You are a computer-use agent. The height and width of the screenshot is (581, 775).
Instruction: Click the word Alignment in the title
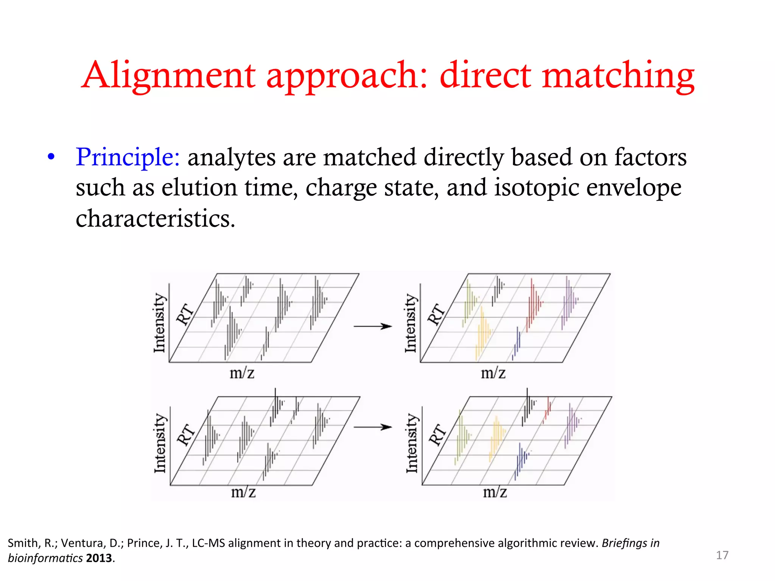tap(168, 76)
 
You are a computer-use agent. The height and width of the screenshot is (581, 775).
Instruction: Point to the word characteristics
tap(155, 219)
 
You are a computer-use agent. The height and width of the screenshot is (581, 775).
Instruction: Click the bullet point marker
tap(51, 157)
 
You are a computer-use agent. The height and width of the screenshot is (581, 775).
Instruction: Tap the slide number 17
tap(722, 555)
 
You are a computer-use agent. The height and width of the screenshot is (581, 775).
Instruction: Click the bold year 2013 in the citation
tap(99, 558)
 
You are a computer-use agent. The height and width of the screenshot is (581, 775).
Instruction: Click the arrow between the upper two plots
tap(372, 326)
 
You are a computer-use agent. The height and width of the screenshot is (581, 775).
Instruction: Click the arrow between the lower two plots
tap(372, 427)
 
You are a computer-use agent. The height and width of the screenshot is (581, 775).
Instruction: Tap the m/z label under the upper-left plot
tap(242, 373)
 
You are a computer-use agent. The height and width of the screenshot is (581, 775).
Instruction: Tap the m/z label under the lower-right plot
tap(495, 492)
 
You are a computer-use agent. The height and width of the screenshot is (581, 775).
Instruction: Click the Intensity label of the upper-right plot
tap(411, 323)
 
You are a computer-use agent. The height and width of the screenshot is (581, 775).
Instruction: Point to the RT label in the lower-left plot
tap(185, 435)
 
